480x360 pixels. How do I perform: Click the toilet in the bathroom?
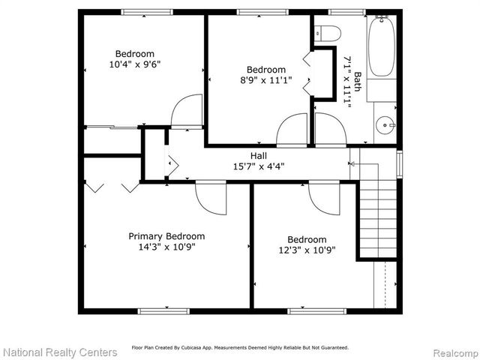(328, 33)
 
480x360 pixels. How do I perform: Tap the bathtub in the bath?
(381, 47)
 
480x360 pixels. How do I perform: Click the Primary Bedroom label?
(166, 235)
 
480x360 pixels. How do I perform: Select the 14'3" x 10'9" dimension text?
(166, 247)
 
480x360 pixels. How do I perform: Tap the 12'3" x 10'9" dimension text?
(306, 250)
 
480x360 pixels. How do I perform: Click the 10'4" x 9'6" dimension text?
(134, 64)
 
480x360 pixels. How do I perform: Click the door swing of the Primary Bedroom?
(211, 198)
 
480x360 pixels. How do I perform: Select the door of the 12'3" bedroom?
(322, 196)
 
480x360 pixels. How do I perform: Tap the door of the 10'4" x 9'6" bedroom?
(186, 111)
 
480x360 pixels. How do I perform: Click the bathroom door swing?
(328, 130)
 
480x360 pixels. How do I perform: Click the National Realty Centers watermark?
(59, 352)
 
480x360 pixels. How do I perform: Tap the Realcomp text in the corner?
(453, 352)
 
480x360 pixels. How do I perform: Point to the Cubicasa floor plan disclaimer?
(240, 348)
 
